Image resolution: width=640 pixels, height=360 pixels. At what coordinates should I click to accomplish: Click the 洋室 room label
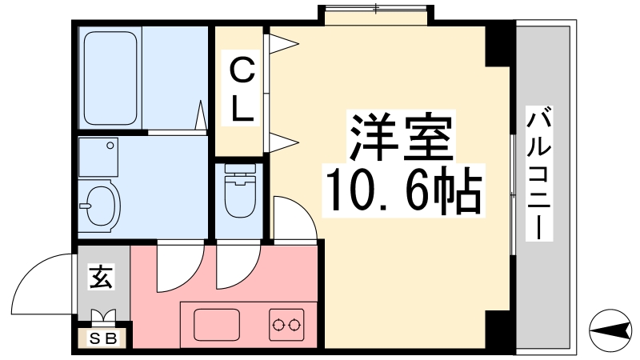coord(402,137)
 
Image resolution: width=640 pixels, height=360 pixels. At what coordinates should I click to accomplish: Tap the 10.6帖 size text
coord(404,190)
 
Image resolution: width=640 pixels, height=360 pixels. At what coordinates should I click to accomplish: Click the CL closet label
coord(242,89)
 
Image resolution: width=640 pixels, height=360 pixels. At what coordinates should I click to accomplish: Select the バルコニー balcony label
coord(538,173)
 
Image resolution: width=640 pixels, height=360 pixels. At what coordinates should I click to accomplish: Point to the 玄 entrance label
coord(102,277)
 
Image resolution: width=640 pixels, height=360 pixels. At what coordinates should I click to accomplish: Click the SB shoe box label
coord(104,338)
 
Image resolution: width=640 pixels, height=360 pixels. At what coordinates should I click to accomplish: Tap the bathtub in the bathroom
coord(110,78)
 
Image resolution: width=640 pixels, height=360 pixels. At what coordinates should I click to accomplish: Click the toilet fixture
coord(240,190)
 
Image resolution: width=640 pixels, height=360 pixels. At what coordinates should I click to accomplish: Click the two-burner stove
coord(286,325)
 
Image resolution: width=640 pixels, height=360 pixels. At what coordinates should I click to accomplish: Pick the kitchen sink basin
coord(216,325)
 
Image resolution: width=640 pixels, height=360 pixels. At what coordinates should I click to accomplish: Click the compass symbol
coord(610,330)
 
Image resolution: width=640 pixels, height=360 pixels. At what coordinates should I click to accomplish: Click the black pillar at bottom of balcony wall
coord(498,329)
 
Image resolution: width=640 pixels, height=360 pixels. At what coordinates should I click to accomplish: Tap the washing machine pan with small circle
coord(98,158)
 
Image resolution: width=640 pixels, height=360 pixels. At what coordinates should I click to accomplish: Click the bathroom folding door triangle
coord(201,115)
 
